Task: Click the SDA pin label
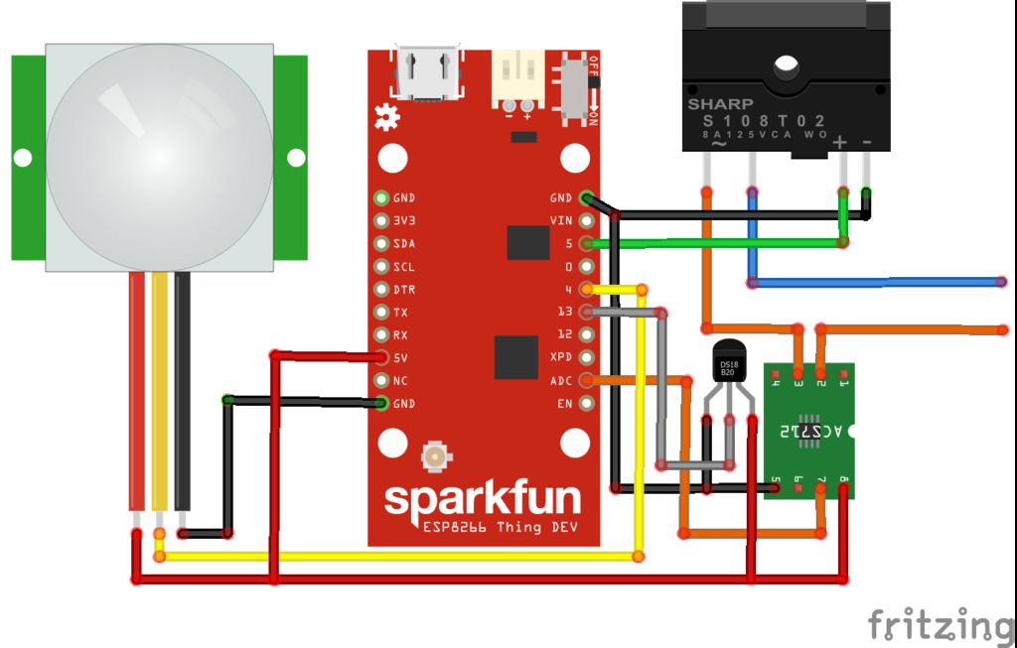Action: click(x=403, y=243)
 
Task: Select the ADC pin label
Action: click(x=561, y=380)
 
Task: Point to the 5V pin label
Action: click(x=400, y=358)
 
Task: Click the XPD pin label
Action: click(x=561, y=357)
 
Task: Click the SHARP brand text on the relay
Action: click(x=720, y=103)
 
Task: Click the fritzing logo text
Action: click(x=941, y=625)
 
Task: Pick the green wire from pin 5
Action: click(x=715, y=242)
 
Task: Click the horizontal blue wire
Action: click(x=874, y=283)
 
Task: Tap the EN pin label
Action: click(x=565, y=403)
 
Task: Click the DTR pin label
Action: click(x=403, y=290)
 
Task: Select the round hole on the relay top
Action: click(x=787, y=66)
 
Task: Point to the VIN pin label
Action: click(x=561, y=220)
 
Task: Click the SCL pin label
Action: click(x=403, y=267)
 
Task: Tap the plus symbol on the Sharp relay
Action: click(x=840, y=142)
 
